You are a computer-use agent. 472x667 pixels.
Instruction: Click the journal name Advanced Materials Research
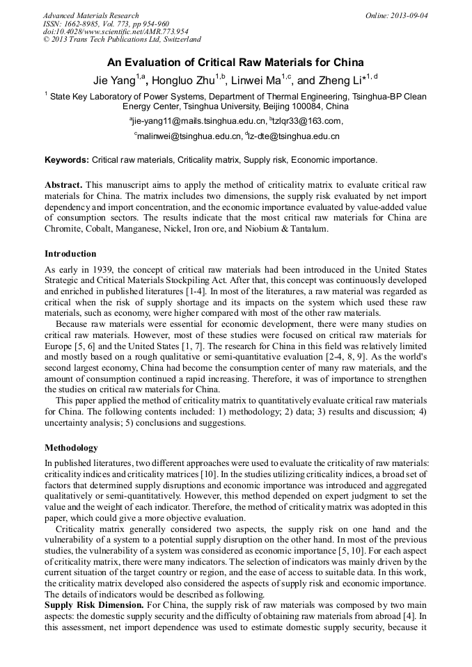91,15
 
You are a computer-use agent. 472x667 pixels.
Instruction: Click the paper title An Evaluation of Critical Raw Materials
235,62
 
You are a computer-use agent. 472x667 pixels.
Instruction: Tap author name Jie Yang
115,80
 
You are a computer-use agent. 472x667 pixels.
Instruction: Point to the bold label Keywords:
67,160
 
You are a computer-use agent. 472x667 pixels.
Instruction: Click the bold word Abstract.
63,185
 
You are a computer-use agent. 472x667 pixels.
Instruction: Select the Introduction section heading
70,254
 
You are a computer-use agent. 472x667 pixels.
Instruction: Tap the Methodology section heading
71,448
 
